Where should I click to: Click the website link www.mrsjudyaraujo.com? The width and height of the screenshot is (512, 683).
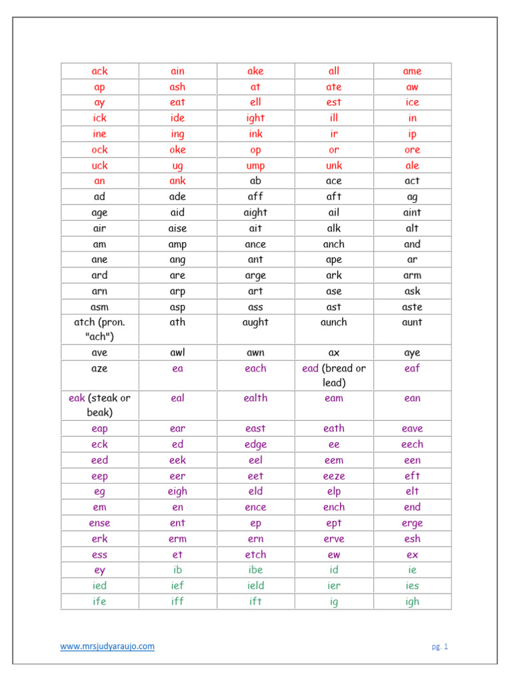[x=107, y=646]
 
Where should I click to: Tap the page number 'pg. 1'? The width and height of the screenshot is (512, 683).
[x=439, y=646]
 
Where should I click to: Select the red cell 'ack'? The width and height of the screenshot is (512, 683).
[x=100, y=71]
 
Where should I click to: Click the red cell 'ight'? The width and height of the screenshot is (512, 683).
[x=255, y=118]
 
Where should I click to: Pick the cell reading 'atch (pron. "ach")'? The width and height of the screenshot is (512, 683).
[x=100, y=329]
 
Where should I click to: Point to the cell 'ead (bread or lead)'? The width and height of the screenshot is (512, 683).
[x=334, y=376]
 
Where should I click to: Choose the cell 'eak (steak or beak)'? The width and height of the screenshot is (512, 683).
[x=100, y=406]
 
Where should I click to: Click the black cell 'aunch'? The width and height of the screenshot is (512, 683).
[x=334, y=322]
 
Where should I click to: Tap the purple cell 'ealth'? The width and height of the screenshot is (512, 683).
[x=255, y=398]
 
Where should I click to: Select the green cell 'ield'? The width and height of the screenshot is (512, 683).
[x=255, y=586]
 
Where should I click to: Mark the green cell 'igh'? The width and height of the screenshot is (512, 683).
[x=412, y=602]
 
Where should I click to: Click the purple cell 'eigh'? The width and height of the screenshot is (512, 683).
[x=177, y=492]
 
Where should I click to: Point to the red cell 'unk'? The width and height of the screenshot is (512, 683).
[x=334, y=165]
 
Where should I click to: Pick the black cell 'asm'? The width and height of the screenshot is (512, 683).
[x=100, y=307]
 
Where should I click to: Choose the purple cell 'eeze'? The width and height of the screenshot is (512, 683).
[x=334, y=476]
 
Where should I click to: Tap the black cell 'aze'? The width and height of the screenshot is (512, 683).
[x=100, y=368]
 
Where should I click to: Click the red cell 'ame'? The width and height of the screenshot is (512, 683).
[x=412, y=71]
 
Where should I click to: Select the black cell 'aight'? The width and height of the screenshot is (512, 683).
[x=255, y=213]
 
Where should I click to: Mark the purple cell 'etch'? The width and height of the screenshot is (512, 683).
[x=255, y=554]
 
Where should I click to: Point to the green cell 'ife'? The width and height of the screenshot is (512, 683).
[x=100, y=602]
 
